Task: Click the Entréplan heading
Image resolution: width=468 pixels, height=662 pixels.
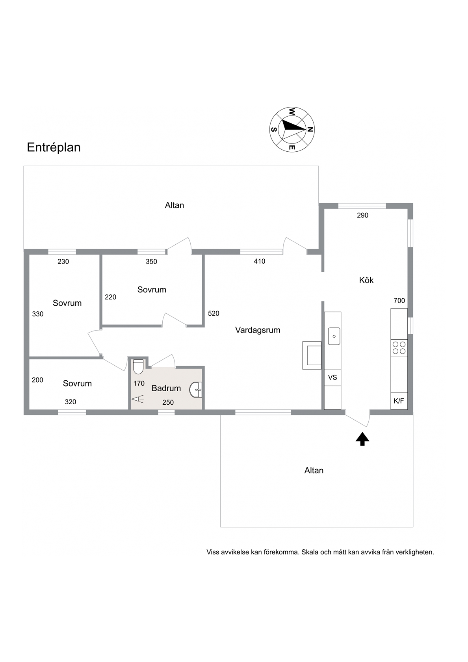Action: click(x=54, y=147)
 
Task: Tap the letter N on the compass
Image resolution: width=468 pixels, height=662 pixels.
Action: click(x=310, y=129)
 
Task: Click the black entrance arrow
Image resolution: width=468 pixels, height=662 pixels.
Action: click(x=362, y=439)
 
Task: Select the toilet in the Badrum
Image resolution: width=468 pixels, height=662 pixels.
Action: click(x=138, y=366)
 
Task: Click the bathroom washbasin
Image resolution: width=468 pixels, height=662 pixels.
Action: click(x=195, y=390)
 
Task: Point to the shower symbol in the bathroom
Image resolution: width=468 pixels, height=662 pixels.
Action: click(x=138, y=399)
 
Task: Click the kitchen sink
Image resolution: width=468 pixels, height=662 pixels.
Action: click(x=334, y=337)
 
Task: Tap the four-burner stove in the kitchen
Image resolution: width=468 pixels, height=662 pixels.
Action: click(x=399, y=348)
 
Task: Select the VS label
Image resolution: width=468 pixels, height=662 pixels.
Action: click(x=332, y=377)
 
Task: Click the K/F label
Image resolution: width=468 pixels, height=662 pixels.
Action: click(x=399, y=401)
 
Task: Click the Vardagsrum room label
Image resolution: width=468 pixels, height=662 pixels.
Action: click(x=258, y=330)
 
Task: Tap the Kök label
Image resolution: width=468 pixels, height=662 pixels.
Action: click(x=366, y=280)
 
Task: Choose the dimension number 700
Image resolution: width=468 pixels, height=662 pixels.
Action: click(x=399, y=301)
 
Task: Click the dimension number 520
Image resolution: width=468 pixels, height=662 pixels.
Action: click(x=214, y=314)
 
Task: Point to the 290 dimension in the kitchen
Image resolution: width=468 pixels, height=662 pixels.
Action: click(x=362, y=216)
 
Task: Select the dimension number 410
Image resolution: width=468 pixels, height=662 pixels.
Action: click(x=259, y=261)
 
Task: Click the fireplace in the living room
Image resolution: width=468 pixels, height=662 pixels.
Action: click(x=312, y=355)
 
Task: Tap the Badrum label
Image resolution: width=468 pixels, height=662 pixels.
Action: click(x=166, y=388)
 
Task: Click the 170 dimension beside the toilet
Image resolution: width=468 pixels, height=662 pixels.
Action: click(x=139, y=383)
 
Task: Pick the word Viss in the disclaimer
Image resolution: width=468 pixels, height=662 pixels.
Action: click(x=213, y=552)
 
